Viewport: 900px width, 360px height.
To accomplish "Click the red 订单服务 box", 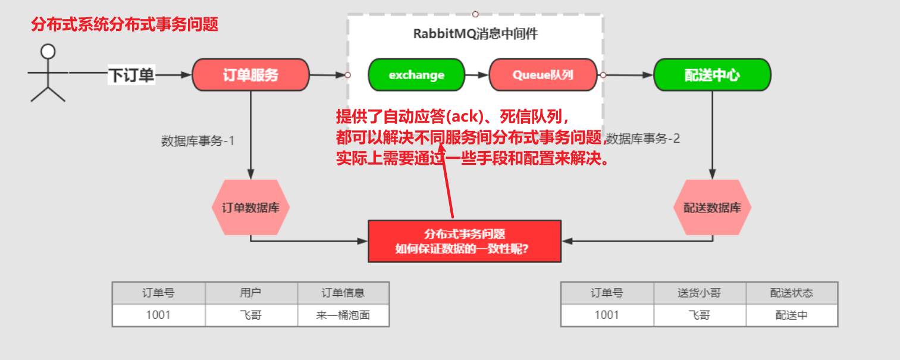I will pos(250,75).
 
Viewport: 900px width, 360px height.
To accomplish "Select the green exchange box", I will pos(416,75).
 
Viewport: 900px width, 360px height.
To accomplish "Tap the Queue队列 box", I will pos(542,75).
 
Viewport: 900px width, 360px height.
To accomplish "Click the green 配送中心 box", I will pos(712,75).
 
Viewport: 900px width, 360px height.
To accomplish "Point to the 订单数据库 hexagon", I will pos(250,208).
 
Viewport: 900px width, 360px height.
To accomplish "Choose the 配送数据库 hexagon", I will pos(712,208).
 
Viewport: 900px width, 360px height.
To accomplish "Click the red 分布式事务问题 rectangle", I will pos(465,241).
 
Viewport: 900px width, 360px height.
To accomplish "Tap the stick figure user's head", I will pos(48,51).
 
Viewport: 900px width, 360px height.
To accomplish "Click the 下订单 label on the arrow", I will pos(131,76).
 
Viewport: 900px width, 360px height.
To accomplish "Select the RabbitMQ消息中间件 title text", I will pos(475,34).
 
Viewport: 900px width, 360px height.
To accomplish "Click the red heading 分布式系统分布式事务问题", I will pos(124,24).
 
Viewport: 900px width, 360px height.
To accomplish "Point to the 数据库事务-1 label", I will pos(198,141).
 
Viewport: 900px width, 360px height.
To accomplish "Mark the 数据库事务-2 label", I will pos(644,139).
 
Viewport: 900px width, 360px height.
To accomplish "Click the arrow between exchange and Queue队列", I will pos(476,75).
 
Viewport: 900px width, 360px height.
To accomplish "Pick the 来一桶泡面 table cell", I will pos(343,315).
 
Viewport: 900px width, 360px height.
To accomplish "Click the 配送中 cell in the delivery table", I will pos(791,315).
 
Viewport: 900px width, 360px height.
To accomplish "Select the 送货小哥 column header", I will pos(700,293).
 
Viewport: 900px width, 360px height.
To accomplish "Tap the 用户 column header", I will pos(251,293).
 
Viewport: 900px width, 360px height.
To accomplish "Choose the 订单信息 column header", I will pos(343,293).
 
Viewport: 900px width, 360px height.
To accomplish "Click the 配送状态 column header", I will pos(791,293).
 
